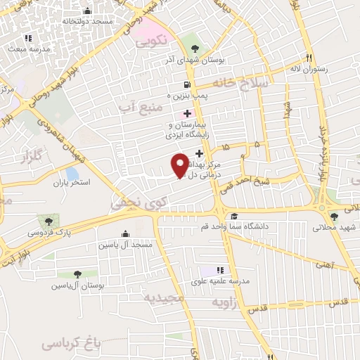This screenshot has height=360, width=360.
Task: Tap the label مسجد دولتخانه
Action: tap(87, 22)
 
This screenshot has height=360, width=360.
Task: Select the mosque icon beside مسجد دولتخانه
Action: tap(87, 11)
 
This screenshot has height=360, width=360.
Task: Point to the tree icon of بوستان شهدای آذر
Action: tap(195, 48)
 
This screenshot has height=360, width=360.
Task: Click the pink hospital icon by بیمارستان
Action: tap(186, 114)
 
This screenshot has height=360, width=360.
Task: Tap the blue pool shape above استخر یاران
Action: tap(72, 172)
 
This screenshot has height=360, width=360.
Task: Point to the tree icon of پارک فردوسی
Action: tap(48, 221)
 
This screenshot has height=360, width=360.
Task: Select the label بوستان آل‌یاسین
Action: tap(77, 286)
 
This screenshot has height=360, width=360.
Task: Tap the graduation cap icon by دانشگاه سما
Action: tap(233, 216)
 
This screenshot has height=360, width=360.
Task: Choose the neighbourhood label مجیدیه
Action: tap(164, 298)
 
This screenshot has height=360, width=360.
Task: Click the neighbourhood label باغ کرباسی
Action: tap(71, 342)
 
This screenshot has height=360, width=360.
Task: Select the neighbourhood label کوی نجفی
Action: tap(138, 203)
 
